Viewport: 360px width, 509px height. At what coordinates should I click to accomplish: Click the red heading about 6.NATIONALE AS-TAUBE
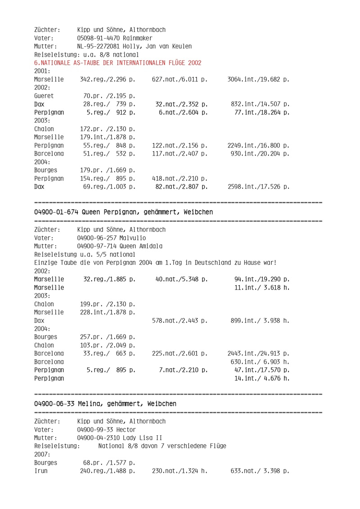tap(117, 63)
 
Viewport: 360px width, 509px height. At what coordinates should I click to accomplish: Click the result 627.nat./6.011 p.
tap(180, 80)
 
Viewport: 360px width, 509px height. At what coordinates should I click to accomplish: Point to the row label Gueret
tap(44, 96)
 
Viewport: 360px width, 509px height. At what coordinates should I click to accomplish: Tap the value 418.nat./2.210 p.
tap(180, 179)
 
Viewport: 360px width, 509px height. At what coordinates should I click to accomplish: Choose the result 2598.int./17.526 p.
tap(258, 187)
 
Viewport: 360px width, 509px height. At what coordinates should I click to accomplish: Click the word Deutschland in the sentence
tap(217, 263)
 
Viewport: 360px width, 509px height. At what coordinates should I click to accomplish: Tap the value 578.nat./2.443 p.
tap(180, 320)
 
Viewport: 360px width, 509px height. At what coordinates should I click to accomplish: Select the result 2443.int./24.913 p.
tap(258, 353)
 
